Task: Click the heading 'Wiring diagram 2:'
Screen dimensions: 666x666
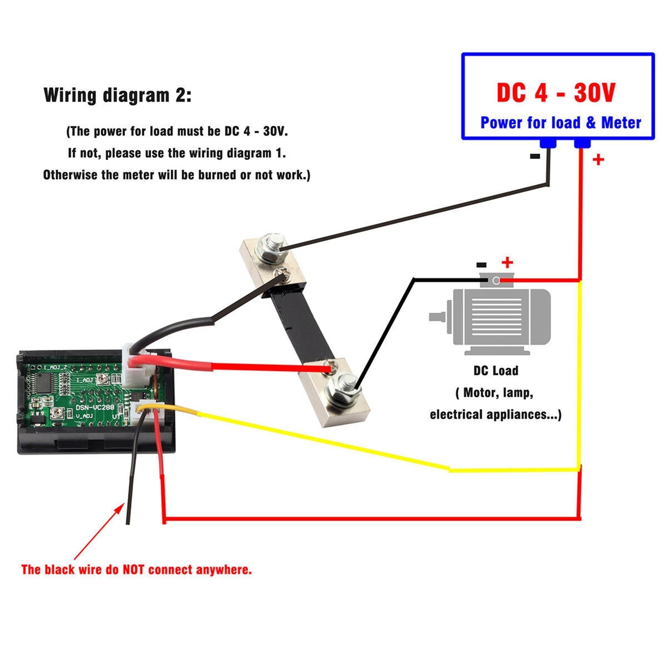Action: pyautogui.click(x=117, y=95)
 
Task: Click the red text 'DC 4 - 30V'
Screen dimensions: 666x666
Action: pyautogui.click(x=556, y=92)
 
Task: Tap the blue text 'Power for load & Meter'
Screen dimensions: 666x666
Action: pyautogui.click(x=560, y=123)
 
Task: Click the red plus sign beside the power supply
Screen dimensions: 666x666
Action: pyautogui.click(x=598, y=159)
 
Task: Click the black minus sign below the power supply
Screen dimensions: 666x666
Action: pyautogui.click(x=535, y=157)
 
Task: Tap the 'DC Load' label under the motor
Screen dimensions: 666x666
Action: pyautogui.click(x=495, y=370)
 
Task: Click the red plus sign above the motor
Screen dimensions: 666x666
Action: pyautogui.click(x=507, y=262)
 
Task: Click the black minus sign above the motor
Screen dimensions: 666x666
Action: pyautogui.click(x=481, y=265)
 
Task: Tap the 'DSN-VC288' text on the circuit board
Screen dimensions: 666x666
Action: pyautogui.click(x=94, y=407)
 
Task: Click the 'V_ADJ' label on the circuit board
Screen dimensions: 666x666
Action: pyautogui.click(x=84, y=416)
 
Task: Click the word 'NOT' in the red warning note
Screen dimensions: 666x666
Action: pyautogui.click(x=133, y=569)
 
